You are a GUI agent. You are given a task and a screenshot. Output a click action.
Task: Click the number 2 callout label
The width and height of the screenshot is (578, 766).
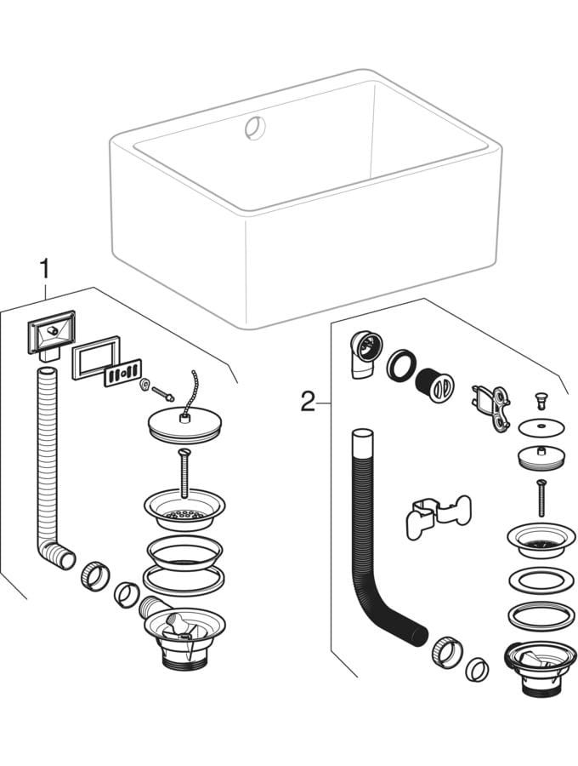click(308, 400)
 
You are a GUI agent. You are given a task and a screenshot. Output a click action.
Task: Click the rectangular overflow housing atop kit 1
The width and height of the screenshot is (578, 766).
click(49, 334)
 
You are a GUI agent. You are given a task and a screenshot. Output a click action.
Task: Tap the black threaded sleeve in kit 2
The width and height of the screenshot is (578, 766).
click(436, 382)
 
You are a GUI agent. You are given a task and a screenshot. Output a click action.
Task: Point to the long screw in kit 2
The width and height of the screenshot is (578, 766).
click(538, 498)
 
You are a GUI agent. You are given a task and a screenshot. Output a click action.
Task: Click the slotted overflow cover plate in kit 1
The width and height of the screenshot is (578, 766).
click(122, 375)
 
